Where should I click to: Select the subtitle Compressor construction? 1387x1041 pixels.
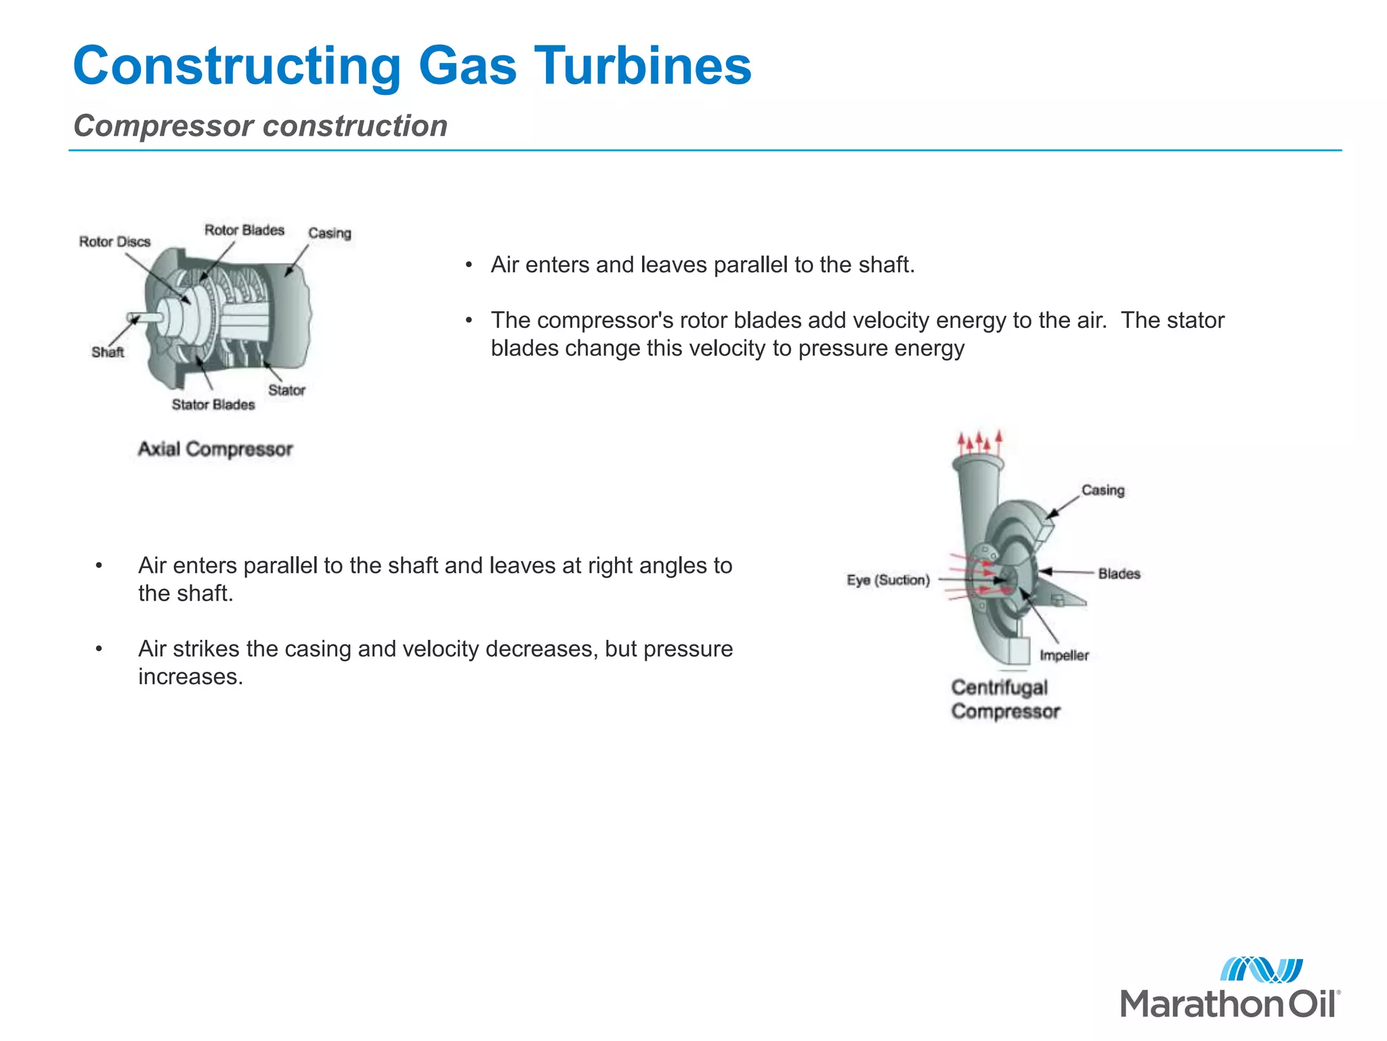point(261,126)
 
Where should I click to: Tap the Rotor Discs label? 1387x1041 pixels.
point(114,242)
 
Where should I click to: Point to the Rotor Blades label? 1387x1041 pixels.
point(244,230)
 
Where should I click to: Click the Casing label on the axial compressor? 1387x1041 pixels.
point(330,233)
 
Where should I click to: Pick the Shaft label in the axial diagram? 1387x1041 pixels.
point(108,352)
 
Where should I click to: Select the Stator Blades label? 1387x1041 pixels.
point(213,405)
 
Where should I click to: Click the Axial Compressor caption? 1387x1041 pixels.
point(215,449)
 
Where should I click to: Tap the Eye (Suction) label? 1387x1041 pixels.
point(888,580)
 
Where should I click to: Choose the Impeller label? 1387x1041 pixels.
point(1064,655)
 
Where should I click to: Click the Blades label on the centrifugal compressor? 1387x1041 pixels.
point(1119,574)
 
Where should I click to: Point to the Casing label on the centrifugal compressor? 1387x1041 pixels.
point(1103,490)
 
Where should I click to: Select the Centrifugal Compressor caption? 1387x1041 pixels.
point(1005,699)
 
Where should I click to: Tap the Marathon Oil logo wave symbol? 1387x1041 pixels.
point(1261,970)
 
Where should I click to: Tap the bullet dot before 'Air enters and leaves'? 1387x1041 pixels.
point(469,265)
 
